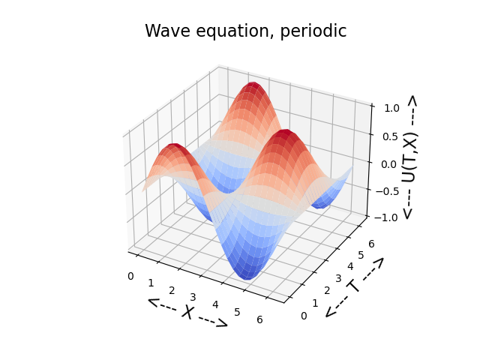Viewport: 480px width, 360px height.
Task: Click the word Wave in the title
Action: pos(168,31)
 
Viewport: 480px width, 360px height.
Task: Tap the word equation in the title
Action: pos(235,32)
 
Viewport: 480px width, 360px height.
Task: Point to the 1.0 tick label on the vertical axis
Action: pos(391,108)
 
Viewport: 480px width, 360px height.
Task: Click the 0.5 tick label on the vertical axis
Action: pos(390,136)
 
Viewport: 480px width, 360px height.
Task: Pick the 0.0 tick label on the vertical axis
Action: pos(388,164)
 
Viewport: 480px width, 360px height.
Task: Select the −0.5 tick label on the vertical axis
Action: pos(387,192)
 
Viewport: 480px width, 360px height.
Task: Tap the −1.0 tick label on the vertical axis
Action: pos(385,217)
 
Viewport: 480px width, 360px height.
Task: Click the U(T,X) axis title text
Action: pos(409,157)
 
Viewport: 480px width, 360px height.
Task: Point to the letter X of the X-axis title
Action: pos(187,312)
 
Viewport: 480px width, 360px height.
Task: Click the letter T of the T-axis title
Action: pos(354,286)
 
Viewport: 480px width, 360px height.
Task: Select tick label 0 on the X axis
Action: pos(130,276)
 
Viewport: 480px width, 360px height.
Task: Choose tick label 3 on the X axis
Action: pos(193,297)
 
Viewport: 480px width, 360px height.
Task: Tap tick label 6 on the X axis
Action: pos(259,319)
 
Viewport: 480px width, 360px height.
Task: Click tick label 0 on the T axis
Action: pos(304,316)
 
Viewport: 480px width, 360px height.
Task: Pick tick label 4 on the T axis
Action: pos(350,267)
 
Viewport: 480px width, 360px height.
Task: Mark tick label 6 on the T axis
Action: pos(371,244)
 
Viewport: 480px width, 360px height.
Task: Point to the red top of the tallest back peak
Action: pos(253,85)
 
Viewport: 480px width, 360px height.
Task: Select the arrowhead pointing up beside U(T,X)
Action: pos(412,101)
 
